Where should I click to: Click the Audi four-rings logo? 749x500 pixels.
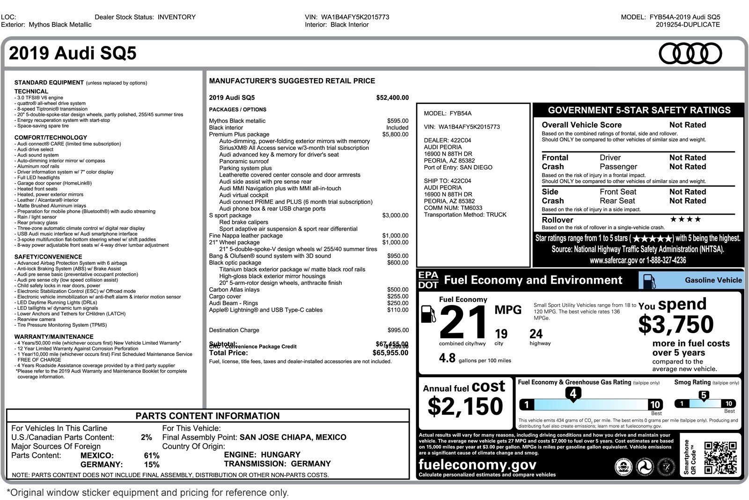point(690,53)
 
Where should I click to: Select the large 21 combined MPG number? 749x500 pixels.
point(463,323)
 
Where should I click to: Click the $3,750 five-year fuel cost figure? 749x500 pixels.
point(676,324)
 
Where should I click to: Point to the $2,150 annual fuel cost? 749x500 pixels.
point(465,406)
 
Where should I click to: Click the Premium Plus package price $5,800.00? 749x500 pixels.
point(395,134)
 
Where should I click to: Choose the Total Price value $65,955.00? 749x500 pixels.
point(390,353)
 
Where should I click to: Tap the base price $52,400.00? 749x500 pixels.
point(392,98)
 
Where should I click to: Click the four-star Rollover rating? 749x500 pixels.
point(685,219)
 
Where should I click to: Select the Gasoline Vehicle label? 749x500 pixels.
point(713,280)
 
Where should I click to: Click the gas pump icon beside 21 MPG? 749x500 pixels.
point(428,314)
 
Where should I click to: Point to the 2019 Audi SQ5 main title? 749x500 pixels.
point(73,53)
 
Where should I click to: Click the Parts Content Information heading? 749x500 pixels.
point(207,416)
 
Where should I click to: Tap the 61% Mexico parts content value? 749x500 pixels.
point(152,455)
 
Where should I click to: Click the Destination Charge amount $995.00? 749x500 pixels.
point(398,330)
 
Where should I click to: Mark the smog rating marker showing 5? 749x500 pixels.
point(704,396)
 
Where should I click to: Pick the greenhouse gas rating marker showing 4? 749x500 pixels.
point(573,394)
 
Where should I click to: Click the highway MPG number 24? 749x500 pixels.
point(536,334)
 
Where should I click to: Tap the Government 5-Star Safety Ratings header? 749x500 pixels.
point(639,111)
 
